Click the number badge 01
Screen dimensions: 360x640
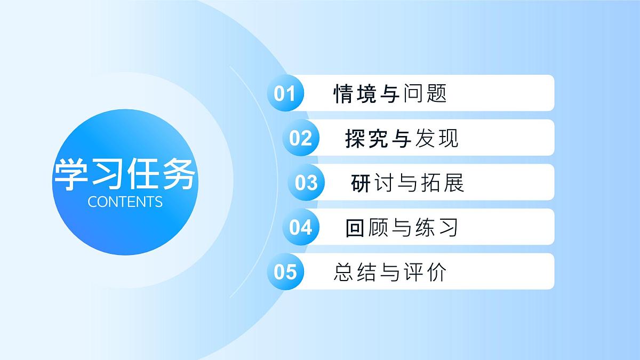coord(285,93)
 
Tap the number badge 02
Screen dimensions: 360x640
coord(301,138)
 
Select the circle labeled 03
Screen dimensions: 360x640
coord(306,183)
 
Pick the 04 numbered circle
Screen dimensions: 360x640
coord(301,227)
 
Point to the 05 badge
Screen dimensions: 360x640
coord(285,271)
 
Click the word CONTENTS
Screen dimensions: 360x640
coord(125,202)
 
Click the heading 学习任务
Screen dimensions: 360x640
coord(125,175)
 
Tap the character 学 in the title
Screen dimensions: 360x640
coord(71,175)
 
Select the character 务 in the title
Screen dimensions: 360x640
coord(179,175)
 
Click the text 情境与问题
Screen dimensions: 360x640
coord(390,94)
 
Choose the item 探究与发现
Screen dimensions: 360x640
coord(402,139)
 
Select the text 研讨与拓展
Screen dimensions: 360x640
coord(407,183)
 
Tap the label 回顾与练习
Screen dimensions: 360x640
coord(402,228)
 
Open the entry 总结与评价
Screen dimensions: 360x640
coord(390,272)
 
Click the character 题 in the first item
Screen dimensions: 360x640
coord(436,94)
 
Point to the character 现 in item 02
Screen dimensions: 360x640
coord(448,139)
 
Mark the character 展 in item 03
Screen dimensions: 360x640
coord(454,183)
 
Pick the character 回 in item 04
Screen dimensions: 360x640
coord(355,228)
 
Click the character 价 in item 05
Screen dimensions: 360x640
coord(436,272)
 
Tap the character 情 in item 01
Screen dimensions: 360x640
coord(343,94)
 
